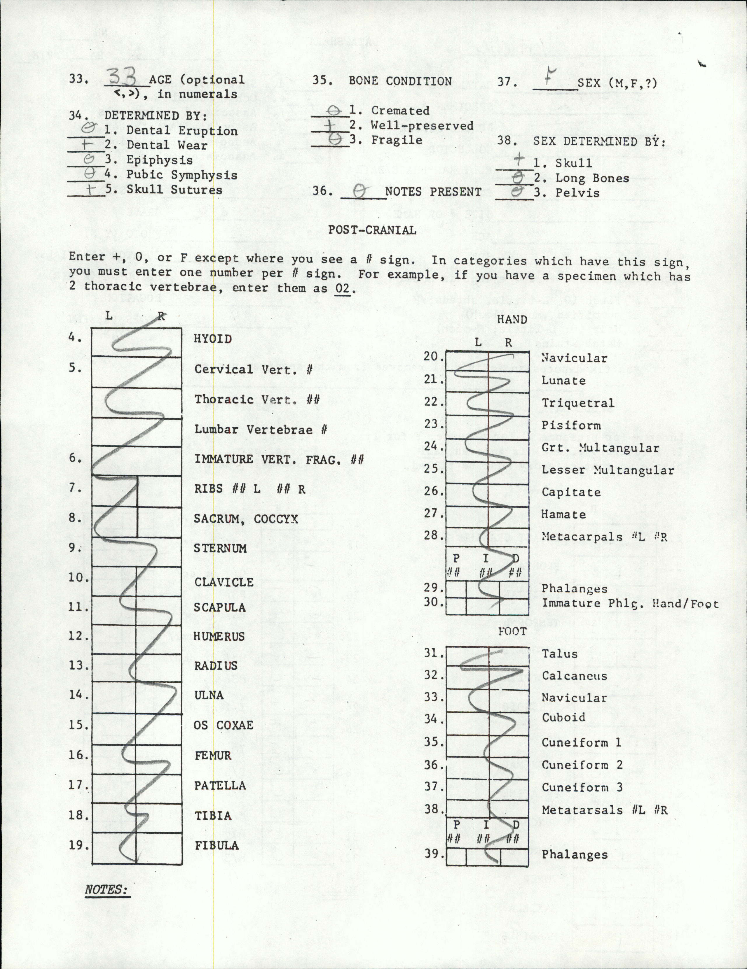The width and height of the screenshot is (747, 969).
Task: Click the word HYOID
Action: (x=213, y=339)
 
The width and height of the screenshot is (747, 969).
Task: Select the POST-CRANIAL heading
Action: (x=372, y=230)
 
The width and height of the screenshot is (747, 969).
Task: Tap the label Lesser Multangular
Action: (x=608, y=470)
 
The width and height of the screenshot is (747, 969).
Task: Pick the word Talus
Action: (x=559, y=653)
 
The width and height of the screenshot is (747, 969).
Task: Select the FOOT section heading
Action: (x=512, y=631)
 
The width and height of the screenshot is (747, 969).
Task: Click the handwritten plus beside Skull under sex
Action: (x=518, y=160)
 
